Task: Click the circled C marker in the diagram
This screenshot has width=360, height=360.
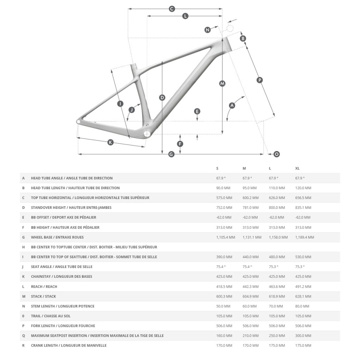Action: [172, 9]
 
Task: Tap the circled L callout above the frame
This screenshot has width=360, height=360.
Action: [185, 16]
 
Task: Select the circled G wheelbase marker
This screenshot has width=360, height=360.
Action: [171, 154]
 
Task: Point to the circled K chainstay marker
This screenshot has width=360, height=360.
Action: [110, 142]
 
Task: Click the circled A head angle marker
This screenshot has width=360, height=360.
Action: [232, 105]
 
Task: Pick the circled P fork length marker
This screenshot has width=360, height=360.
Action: [260, 80]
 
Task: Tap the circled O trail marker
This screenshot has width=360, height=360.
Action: [277, 154]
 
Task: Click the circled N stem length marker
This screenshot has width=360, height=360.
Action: [208, 30]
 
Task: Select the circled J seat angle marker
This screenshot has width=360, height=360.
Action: [132, 110]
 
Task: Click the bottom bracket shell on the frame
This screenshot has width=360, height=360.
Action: [147, 133]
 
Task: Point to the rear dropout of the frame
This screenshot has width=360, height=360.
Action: [78, 121]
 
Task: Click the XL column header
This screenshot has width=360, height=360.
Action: [297, 168]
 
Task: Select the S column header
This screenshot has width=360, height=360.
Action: [217, 168]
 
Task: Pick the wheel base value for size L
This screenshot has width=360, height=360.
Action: [278, 237]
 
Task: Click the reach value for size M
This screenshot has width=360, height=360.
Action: [250, 287]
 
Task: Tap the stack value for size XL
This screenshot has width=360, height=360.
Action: [303, 296]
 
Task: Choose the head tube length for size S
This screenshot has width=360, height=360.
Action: [224, 188]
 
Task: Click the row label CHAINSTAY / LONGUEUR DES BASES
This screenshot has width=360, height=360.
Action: [61, 276]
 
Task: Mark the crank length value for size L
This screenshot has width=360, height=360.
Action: [277, 346]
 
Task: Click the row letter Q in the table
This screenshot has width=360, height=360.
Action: [23, 336]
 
